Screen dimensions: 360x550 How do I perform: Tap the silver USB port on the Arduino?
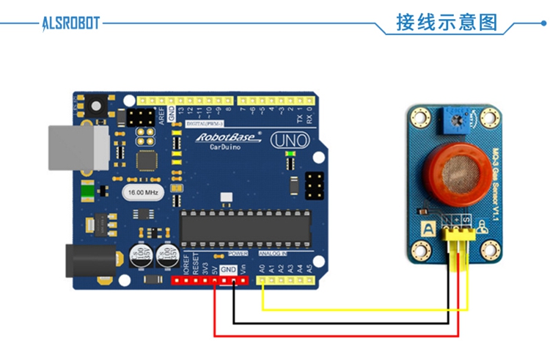pos(70,147)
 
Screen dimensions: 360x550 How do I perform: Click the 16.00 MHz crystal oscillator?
pos(142,192)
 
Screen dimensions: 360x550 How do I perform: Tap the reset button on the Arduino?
pos(95,106)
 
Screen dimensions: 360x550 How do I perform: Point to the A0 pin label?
pos(262,268)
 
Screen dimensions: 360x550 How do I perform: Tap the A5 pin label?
pos(309,268)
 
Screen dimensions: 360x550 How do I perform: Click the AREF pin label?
pos(161,114)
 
